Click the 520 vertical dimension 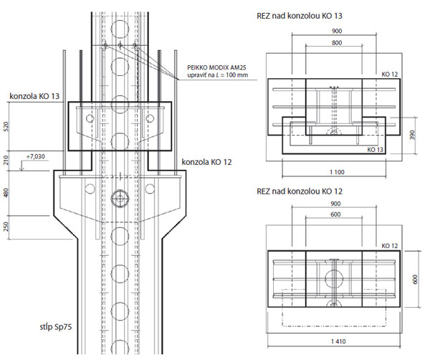6,126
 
